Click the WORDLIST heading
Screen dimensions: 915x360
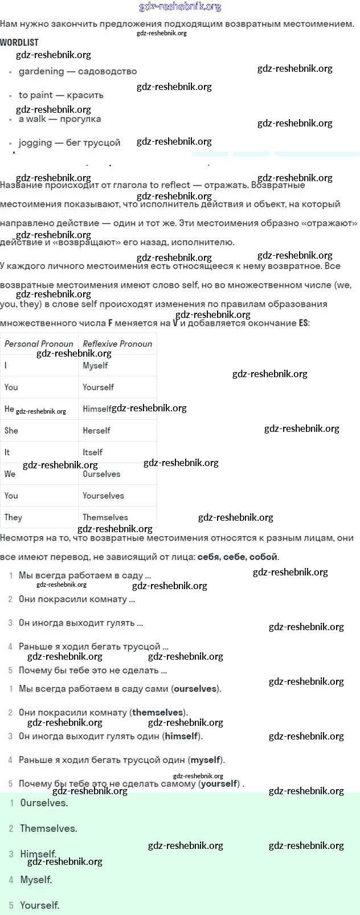pos(19,42)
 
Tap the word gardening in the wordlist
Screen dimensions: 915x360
pos(41,71)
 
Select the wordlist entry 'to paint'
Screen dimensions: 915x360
pos(35,95)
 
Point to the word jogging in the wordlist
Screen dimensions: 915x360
pos(35,142)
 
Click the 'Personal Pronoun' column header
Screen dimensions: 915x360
pos(39,344)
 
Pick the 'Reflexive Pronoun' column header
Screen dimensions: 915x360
pos(117,344)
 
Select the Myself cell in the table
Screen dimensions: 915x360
pos(95,365)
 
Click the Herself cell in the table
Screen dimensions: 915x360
pos(96,430)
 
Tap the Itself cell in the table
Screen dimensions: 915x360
pos(92,452)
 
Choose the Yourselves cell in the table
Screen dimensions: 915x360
pos(103,495)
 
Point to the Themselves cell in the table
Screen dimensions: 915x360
pos(105,517)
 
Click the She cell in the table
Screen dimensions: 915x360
pos(11,430)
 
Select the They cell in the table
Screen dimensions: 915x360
pos(13,517)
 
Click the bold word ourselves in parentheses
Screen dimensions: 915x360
pos(195,688)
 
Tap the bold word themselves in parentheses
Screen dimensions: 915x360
pos(158,712)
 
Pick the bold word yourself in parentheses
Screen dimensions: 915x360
pos(219,783)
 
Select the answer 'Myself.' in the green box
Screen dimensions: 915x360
pos(36,880)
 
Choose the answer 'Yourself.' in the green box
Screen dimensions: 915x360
pos(39,905)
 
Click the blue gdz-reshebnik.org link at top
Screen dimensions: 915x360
pos(180,7)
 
